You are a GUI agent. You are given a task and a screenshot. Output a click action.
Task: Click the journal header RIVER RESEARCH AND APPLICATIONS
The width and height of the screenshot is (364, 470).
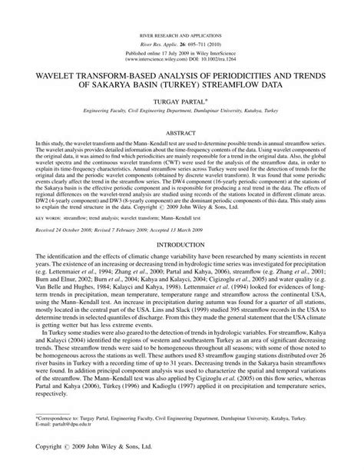coord(182,36)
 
